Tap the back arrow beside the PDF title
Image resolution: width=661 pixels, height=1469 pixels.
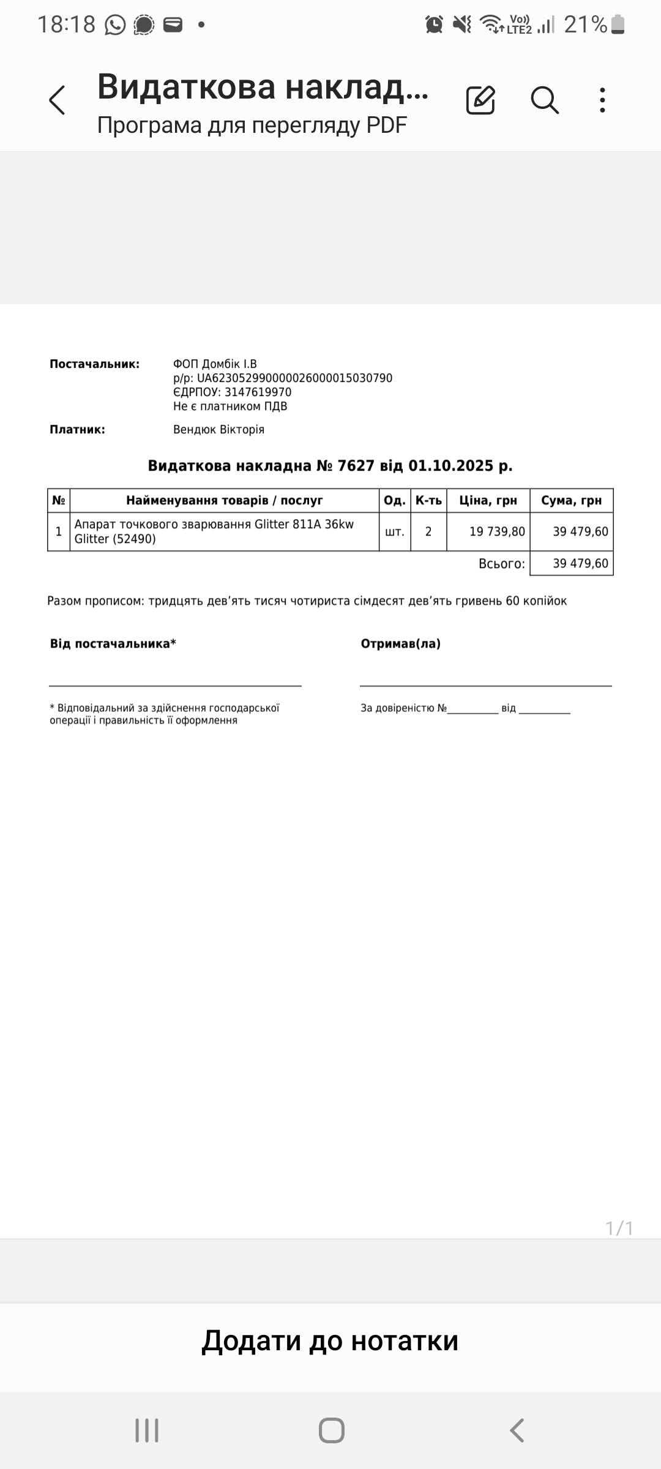pyautogui.click(x=57, y=100)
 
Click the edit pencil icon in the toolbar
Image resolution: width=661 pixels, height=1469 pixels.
pyautogui.click(x=480, y=100)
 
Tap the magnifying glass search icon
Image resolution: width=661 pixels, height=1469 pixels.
pyautogui.click(x=544, y=100)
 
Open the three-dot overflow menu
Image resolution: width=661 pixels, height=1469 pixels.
pyautogui.click(x=603, y=100)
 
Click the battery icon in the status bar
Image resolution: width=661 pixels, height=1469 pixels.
pyautogui.click(x=618, y=24)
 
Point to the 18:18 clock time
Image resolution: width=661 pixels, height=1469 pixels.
pyautogui.click(x=66, y=24)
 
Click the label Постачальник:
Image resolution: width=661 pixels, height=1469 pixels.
pyautogui.click(x=94, y=364)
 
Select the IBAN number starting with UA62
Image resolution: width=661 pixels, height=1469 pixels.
pyautogui.click(x=294, y=378)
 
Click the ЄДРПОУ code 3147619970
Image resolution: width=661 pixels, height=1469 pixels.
pyautogui.click(x=258, y=392)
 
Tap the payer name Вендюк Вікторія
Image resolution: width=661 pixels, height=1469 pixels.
pyautogui.click(x=218, y=430)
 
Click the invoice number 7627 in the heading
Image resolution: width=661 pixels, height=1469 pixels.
pyautogui.click(x=356, y=466)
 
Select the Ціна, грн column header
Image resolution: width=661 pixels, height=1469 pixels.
pyautogui.click(x=488, y=501)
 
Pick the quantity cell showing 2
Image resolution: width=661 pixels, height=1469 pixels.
pyautogui.click(x=428, y=531)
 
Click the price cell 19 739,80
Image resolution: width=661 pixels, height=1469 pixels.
pyautogui.click(x=497, y=531)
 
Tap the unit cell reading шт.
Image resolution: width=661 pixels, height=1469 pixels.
pyautogui.click(x=395, y=531)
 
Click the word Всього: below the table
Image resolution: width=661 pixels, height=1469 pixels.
pyautogui.click(x=501, y=564)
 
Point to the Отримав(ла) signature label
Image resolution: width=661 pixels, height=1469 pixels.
pyautogui.click(x=400, y=644)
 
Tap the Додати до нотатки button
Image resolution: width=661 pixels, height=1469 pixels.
pyautogui.click(x=330, y=1340)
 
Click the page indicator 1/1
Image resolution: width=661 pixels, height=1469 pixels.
pyautogui.click(x=619, y=1228)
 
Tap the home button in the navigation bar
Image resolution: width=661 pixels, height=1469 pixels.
pyautogui.click(x=331, y=1430)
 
